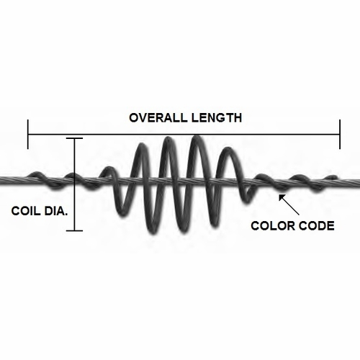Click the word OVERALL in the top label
click(x=157, y=118)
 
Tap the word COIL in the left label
click(x=25, y=211)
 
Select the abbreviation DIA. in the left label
click(x=56, y=211)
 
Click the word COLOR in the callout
click(x=271, y=226)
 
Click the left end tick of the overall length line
click(x=28, y=134)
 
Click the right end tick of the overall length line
click(x=340, y=134)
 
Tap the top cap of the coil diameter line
click(x=74, y=138)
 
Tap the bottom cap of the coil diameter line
click(x=74, y=230)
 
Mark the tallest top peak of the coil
click(x=197, y=138)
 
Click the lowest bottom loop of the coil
click(x=153, y=232)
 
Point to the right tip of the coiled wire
click(x=336, y=177)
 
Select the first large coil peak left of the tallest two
click(x=142, y=145)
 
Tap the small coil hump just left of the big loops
click(x=109, y=168)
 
